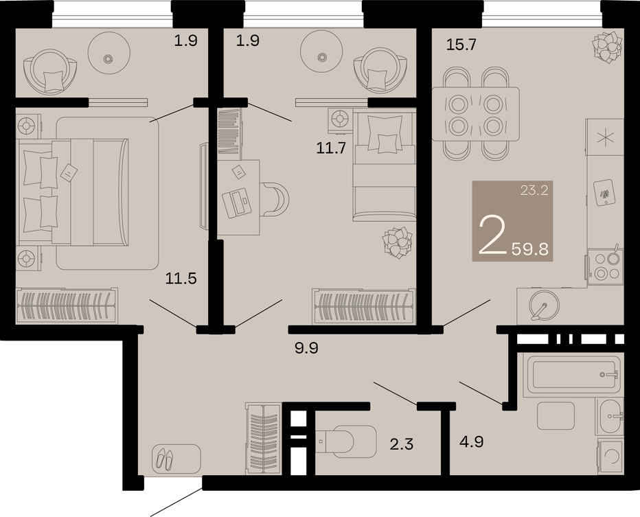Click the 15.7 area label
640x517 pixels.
click(461, 44)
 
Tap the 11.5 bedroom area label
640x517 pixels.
click(181, 278)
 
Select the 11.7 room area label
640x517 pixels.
click(331, 148)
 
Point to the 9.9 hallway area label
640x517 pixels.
click(306, 348)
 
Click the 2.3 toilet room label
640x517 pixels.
click(402, 444)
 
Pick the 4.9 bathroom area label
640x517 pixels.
click(472, 441)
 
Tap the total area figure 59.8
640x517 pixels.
click(530, 248)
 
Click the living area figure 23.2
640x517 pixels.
click(534, 190)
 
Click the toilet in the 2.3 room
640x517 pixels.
click(346, 441)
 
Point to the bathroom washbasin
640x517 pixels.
click(610, 417)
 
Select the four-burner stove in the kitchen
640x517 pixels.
click(605, 266)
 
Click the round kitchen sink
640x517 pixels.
click(544, 305)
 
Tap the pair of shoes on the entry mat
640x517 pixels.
click(164, 458)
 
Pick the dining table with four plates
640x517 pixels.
click(476, 114)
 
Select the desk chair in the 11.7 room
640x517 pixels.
click(275, 199)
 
